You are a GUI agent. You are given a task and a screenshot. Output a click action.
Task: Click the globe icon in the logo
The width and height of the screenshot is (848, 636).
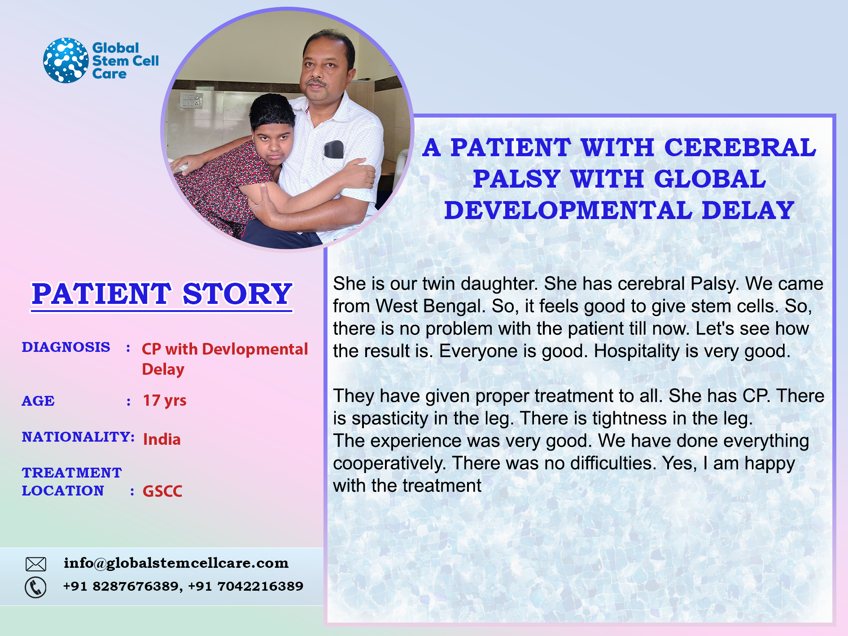coord(66,60)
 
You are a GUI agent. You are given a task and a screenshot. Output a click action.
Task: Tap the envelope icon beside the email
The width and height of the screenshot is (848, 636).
coord(36,564)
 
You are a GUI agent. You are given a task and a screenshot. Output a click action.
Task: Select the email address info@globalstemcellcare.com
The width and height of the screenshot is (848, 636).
coord(176,563)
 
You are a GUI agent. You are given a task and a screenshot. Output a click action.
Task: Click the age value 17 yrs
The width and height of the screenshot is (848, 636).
coord(165,400)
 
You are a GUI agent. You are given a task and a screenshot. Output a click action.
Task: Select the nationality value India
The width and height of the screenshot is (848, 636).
coord(162,439)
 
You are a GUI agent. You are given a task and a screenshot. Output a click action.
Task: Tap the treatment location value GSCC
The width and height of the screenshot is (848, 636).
coord(162,491)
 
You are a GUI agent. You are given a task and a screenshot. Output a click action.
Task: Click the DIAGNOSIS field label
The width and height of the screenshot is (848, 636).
coord(66,347)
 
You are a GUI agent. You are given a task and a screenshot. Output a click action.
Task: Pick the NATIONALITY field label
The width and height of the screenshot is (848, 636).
coord(78,437)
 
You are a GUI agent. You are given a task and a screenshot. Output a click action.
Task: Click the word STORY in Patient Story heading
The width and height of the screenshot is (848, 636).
coord(237,294)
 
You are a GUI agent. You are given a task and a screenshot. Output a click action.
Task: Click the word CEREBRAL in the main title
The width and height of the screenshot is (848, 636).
coord(740,148)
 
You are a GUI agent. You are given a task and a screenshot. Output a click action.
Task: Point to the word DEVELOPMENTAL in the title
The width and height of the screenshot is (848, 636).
coord(568,211)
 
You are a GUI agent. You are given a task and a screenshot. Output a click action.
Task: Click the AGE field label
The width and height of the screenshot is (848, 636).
coord(38,401)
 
